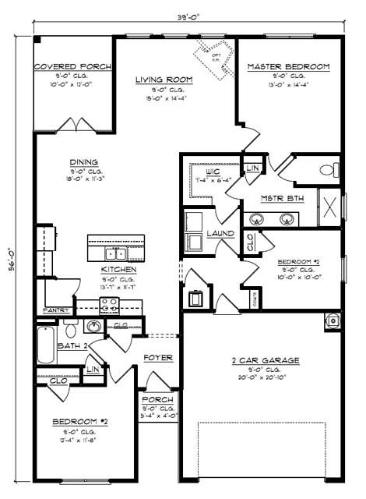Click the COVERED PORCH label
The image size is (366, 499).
[x=72, y=67]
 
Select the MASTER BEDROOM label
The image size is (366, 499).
[x=288, y=67]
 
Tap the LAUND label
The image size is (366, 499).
[x=220, y=232]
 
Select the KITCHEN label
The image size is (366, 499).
[x=119, y=270]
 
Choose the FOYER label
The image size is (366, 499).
[x=157, y=358]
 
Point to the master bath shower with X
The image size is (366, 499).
[x=329, y=208]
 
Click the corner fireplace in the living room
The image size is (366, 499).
[x=214, y=57]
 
